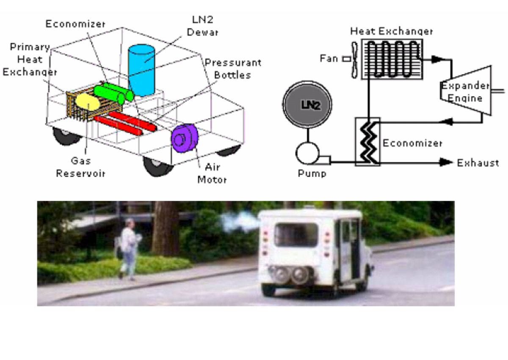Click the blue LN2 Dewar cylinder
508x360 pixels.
pos(141,70)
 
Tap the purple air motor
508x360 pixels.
pos(185,138)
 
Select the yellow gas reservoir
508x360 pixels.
pos(88,102)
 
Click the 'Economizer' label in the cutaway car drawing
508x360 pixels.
pos(75,24)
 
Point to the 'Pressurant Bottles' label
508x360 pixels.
pos(233,69)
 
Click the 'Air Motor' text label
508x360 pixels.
pos(212,174)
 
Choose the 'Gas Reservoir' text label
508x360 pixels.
pos(81,167)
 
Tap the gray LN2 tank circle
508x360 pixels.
pos(307,104)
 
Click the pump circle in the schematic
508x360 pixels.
pos(307,153)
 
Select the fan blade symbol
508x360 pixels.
pos(354,60)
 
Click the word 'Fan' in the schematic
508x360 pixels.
pos(329,58)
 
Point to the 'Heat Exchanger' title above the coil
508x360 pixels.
pos(392,31)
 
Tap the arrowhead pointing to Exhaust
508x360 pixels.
pos(446,162)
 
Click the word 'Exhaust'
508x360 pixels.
pos(478,163)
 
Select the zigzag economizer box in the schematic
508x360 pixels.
pos(367,142)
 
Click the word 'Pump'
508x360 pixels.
pos(312,174)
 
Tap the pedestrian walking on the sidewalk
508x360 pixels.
pos(129,249)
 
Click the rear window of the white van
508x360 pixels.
pos(296,235)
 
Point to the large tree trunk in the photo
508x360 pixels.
pos(165,229)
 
